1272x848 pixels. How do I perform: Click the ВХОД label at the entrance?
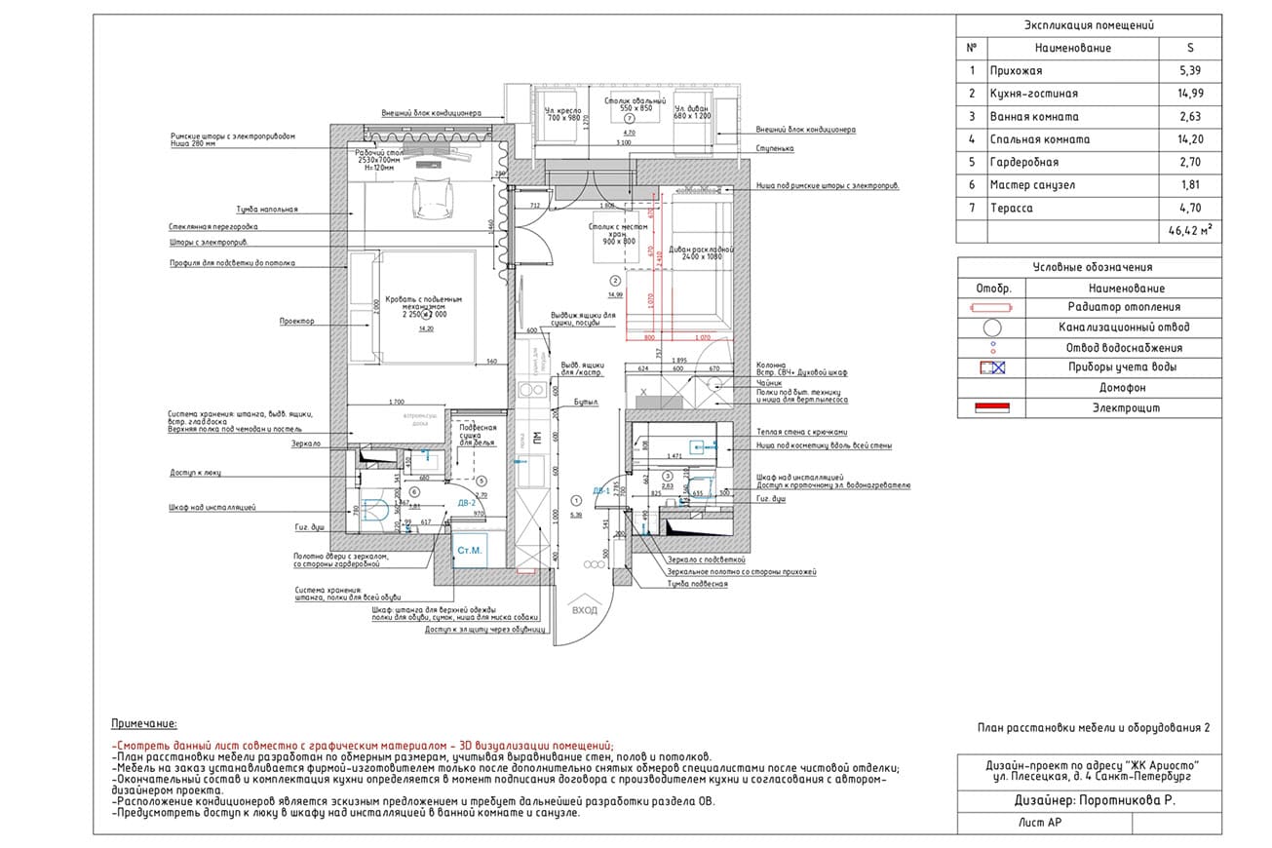coord(585,610)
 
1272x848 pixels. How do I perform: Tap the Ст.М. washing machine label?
coord(470,551)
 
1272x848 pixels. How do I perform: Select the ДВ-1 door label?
coord(601,491)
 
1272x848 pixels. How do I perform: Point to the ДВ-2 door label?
coord(466,503)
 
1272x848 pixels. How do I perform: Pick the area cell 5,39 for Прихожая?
coord(1189,71)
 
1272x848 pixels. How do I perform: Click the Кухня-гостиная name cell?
coord(1033,94)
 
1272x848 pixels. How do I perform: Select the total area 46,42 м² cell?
coord(1188,231)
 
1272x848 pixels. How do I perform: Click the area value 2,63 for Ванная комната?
coord(1189,117)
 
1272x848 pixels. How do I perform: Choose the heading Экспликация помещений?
coord(1090,26)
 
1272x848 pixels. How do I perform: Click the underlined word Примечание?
coord(145,724)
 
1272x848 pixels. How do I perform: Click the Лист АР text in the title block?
coord(1039,824)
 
